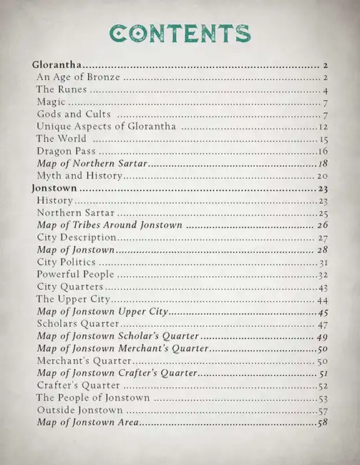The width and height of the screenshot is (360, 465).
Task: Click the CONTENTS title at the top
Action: point(180,32)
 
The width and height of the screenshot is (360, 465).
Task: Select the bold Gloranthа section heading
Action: point(58,65)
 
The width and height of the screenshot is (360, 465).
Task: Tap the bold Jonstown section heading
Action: point(55,189)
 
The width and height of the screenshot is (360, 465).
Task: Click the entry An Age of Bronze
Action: point(77,77)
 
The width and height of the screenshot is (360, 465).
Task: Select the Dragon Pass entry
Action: point(65,152)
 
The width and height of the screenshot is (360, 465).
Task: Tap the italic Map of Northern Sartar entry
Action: point(92,164)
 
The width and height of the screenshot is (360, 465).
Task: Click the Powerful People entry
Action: point(74,275)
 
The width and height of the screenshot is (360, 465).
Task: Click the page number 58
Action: point(322,423)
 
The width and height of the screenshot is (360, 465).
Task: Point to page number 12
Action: point(323,127)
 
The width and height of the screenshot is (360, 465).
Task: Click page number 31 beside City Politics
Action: point(323,263)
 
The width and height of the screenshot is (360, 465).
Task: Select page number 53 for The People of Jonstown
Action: point(322,398)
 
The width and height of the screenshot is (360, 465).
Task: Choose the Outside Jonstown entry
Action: point(79,411)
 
